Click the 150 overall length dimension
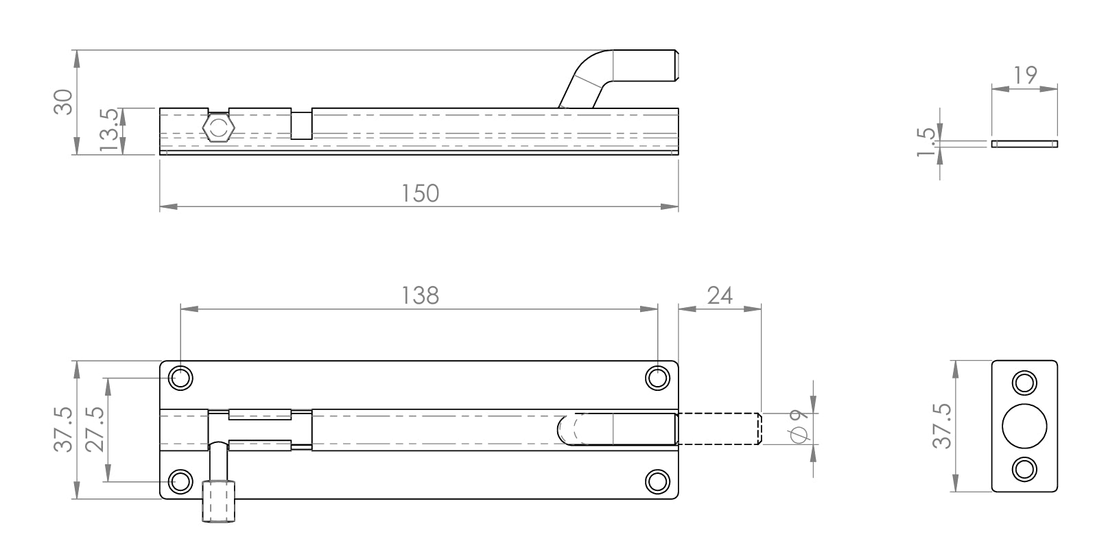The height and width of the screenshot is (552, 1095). click(420, 193)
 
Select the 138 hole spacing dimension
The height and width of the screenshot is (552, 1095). click(420, 296)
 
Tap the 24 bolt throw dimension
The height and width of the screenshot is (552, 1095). click(720, 296)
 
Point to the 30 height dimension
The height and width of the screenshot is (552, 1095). click(63, 102)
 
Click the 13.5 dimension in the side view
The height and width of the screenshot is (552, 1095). click(108, 130)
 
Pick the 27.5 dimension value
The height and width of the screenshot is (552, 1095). click(95, 429)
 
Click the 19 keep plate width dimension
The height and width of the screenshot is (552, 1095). click(1024, 75)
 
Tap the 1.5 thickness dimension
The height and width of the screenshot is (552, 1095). click(926, 142)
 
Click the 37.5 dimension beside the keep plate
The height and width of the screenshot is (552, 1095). click(942, 426)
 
